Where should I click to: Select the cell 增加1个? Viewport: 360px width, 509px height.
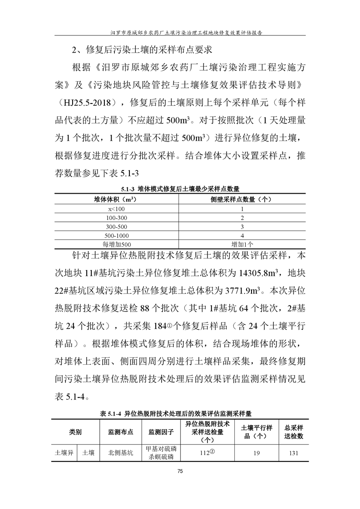pos(242,245)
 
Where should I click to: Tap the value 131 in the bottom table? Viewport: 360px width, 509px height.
pos(294,453)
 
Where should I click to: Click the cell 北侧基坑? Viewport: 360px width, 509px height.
pos(120,453)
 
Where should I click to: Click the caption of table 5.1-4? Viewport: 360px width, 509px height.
pos(180,414)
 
